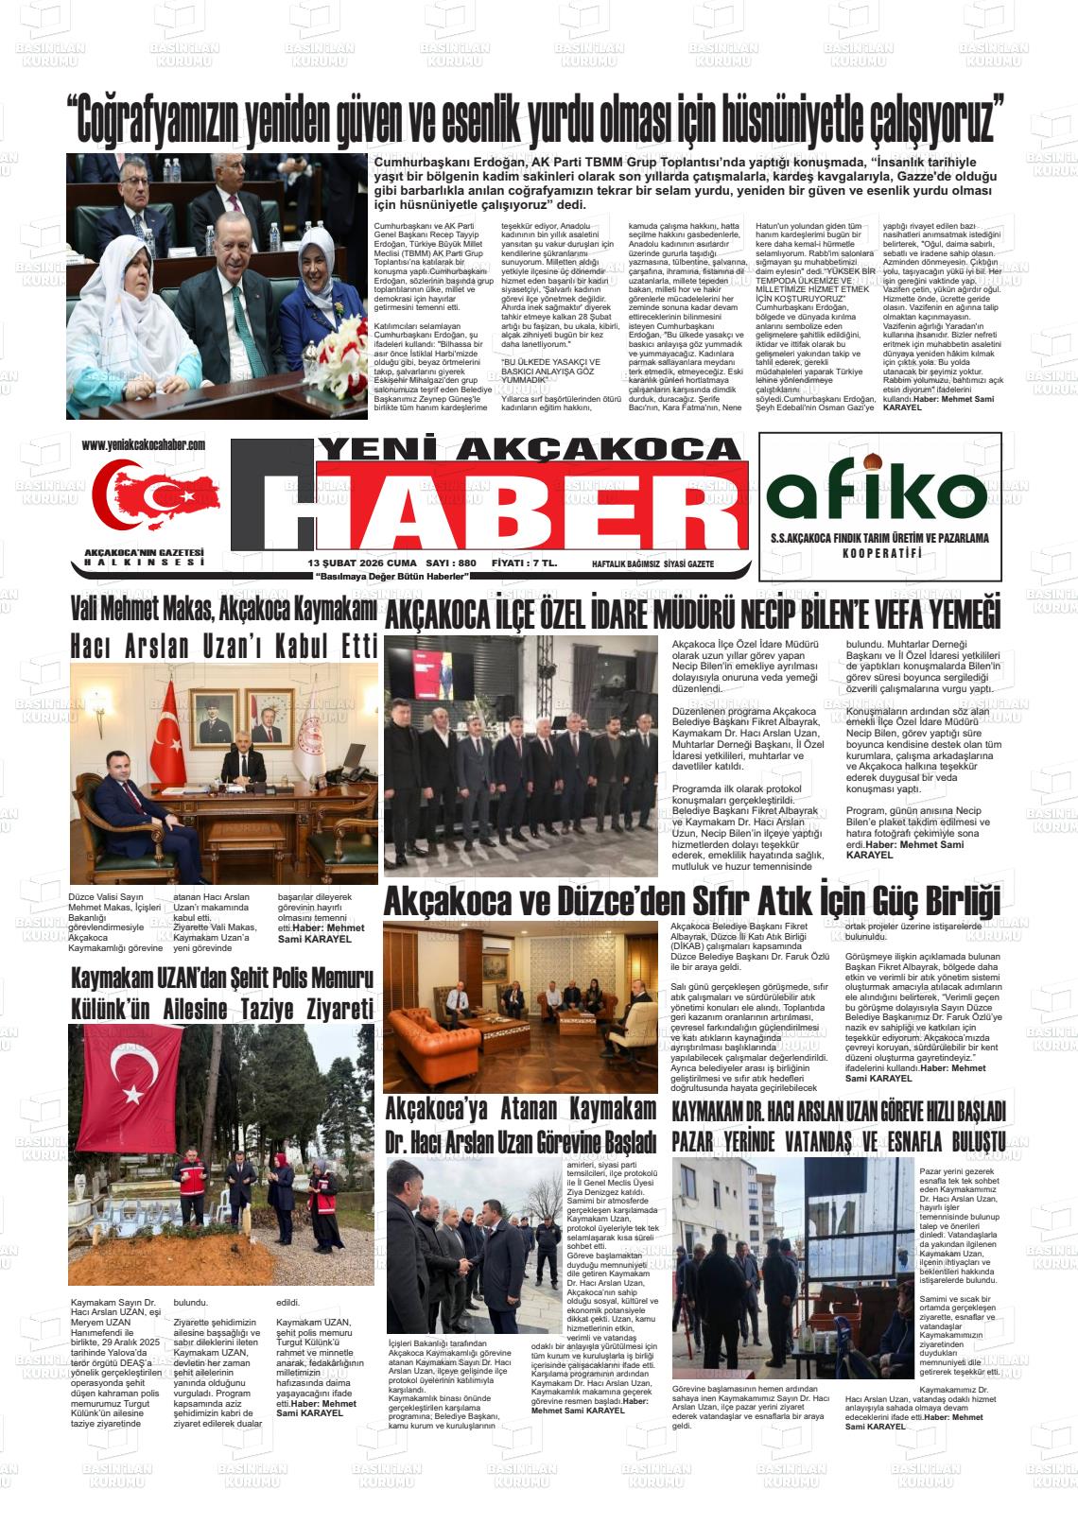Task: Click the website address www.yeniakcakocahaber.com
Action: pos(143,445)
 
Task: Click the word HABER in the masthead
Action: pos(501,505)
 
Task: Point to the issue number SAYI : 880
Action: pos(451,563)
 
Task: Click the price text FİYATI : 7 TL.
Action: pos(525,563)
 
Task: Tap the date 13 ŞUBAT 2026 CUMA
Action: pos(362,563)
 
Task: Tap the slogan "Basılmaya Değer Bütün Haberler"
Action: pos(392,576)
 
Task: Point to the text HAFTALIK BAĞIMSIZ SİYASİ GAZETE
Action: pos(652,564)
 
